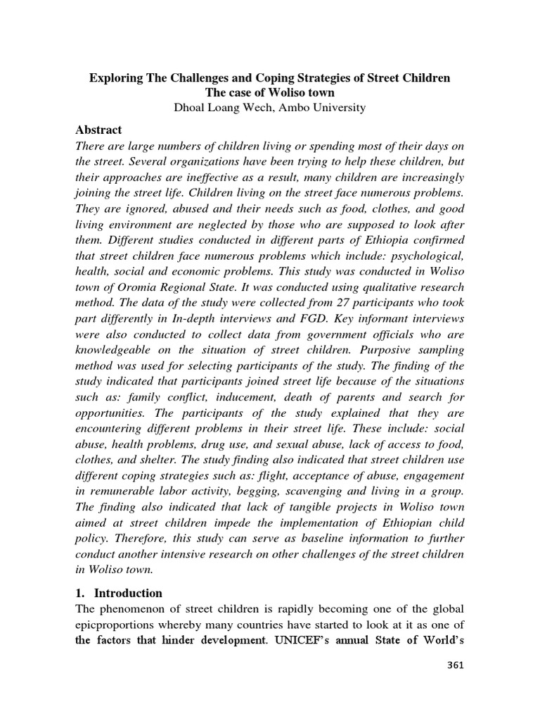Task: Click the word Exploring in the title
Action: coord(115,78)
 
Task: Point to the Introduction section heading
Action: coord(128,593)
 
